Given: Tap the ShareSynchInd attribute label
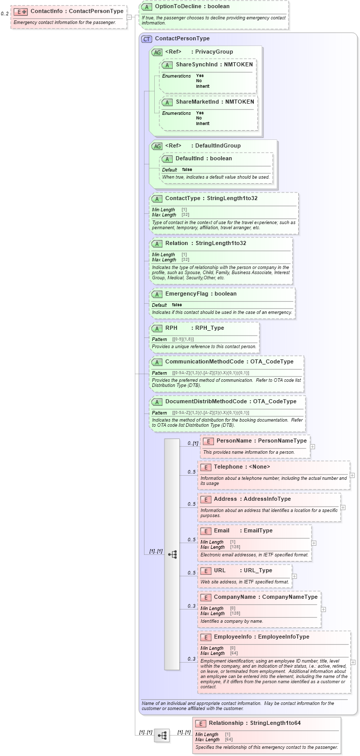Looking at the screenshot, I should [196, 65].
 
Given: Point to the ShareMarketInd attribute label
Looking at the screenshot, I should [196, 102].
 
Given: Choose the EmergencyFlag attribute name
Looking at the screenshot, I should [186, 294].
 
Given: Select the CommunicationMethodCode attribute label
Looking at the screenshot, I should [204, 362].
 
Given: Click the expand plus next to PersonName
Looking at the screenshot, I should [313, 447].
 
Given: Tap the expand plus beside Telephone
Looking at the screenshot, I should [352, 475].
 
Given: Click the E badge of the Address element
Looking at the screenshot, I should [206, 499].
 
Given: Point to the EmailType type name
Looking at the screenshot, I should [258, 531].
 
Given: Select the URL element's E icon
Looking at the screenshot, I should [206, 571].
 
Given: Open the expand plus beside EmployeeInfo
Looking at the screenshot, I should [353, 662].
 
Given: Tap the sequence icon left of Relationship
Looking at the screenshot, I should [162, 736].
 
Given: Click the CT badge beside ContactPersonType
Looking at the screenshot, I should [147, 39].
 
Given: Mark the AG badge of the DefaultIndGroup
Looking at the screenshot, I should [157, 146].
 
